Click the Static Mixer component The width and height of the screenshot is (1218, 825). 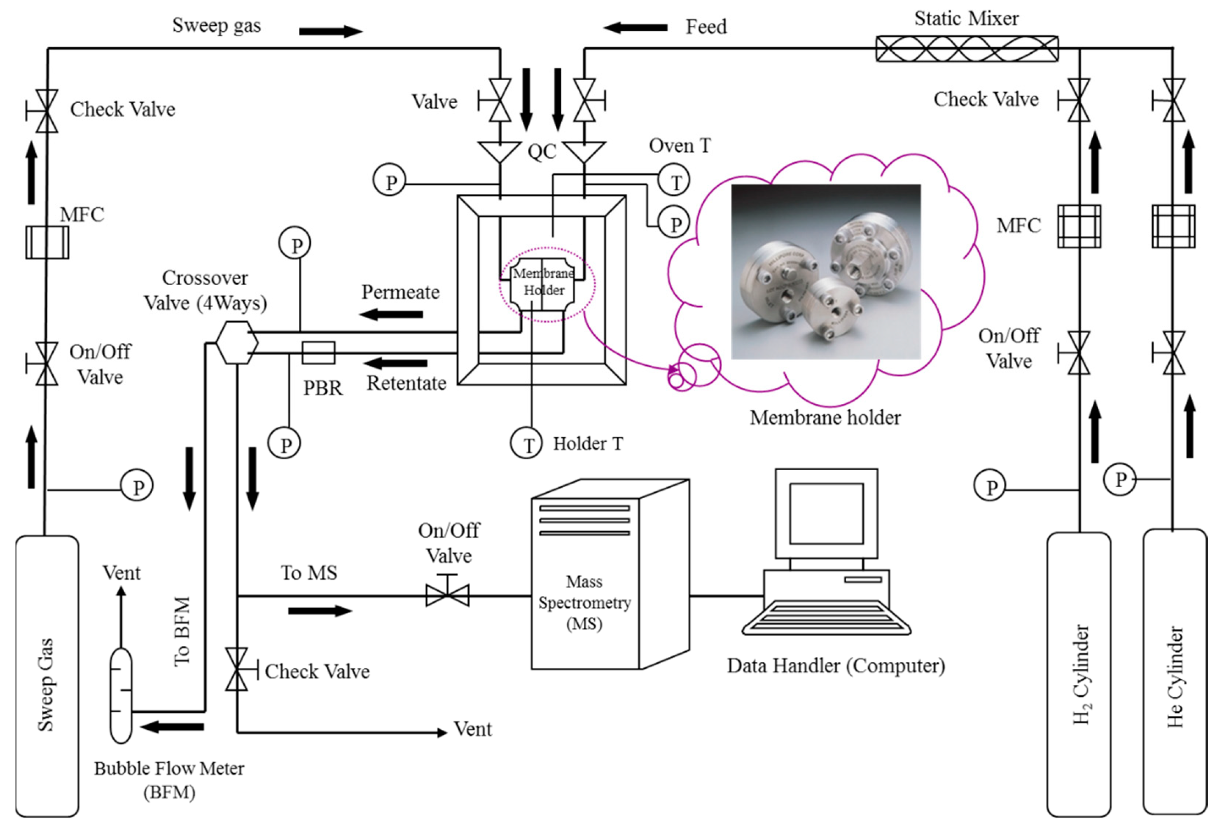click(967, 48)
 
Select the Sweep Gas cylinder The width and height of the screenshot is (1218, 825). click(47, 676)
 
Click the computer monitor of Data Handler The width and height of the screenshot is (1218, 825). click(826, 513)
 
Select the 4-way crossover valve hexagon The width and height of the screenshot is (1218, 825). click(237, 343)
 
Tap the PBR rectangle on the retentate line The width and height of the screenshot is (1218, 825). click(318, 353)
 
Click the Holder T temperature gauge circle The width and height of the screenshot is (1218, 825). click(526, 443)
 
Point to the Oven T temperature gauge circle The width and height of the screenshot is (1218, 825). click(673, 181)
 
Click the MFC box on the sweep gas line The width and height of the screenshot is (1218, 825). click(47, 243)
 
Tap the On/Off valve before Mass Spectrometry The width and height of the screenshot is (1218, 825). click(447, 595)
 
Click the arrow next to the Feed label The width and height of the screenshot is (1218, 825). click(635, 28)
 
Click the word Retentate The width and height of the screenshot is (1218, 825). click(406, 383)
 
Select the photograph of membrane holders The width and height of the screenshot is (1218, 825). click(825, 272)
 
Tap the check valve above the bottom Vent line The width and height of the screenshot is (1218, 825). click(237, 669)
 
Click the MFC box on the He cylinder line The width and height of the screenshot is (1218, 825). click(1174, 227)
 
